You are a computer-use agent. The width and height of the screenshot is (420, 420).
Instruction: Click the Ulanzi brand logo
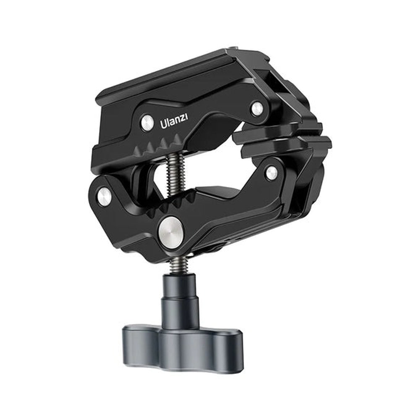174,122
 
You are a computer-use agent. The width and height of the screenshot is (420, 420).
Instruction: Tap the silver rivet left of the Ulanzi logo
147,123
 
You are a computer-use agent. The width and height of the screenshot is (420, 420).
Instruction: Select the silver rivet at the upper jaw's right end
257,108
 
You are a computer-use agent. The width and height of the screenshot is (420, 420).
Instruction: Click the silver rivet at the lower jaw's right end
271,172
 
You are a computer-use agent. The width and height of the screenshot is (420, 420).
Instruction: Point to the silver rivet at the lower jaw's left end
105,197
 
